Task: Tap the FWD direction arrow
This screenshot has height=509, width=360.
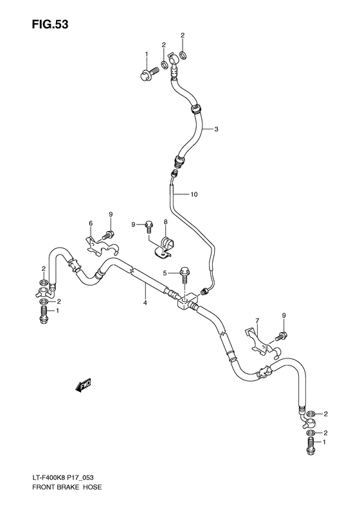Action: [83, 385]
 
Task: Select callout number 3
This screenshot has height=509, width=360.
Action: [217, 129]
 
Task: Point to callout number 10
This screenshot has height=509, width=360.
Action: [195, 193]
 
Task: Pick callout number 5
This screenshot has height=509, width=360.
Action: [165, 273]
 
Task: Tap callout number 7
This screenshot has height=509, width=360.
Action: [257, 320]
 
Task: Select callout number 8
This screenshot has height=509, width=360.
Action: [165, 223]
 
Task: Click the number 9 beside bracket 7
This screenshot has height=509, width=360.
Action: [283, 315]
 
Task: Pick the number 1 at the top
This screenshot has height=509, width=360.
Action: [146, 53]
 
